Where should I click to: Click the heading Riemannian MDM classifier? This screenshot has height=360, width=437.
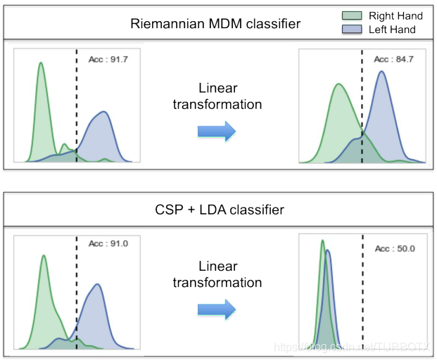point(215,24)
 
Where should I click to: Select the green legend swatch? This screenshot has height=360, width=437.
point(353,15)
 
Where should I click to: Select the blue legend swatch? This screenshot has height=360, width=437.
point(353,30)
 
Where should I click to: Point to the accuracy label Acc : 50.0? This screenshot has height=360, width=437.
point(394,249)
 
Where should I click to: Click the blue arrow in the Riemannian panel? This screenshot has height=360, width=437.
point(216,130)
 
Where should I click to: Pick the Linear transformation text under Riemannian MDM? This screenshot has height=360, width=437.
point(220,96)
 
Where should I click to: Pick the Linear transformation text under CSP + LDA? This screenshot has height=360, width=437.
point(220,275)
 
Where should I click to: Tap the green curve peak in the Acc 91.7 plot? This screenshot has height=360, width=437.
point(40,63)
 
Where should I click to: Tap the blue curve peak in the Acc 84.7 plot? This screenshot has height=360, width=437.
point(382,71)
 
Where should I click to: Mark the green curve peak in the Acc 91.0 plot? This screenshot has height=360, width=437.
point(44,256)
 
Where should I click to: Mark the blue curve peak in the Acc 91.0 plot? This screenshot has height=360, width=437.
point(97,284)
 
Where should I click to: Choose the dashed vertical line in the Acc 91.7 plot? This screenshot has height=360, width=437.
point(75,105)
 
